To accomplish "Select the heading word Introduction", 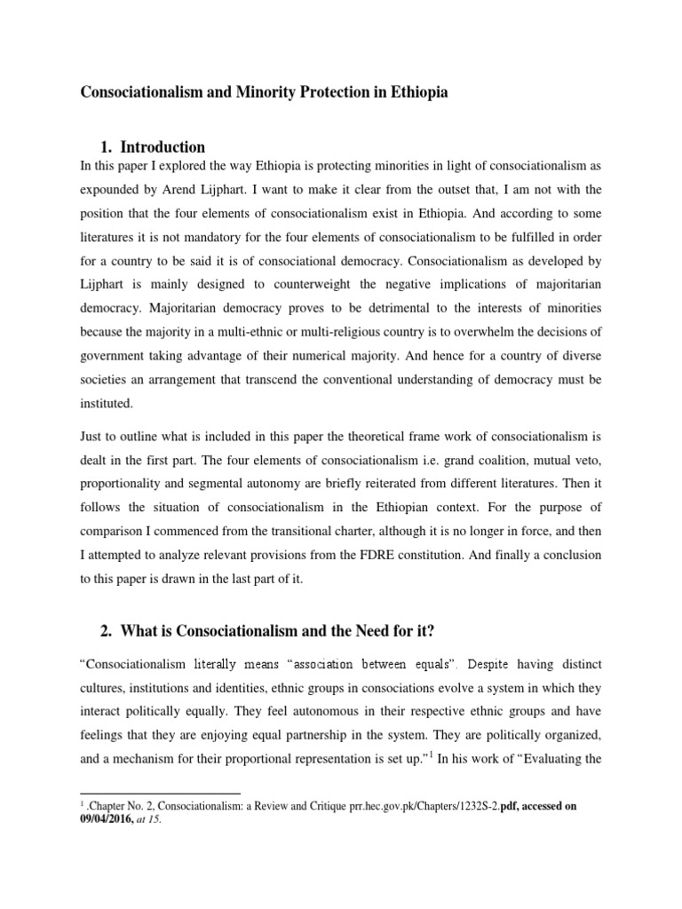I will [163, 146].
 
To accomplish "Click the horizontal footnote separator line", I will [160, 793].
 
